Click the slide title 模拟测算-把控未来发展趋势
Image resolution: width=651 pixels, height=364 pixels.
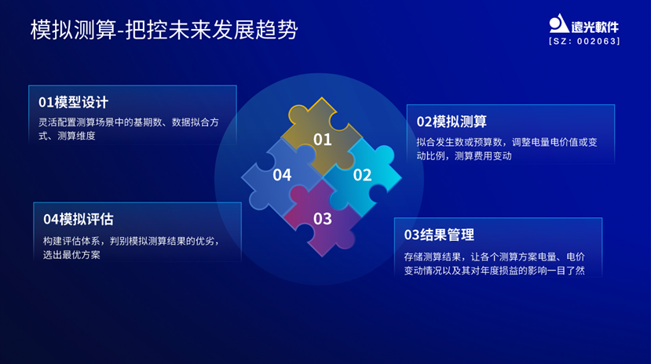point(164,31)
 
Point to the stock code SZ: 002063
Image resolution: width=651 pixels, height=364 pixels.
point(584,42)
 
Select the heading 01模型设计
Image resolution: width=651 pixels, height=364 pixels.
point(73,103)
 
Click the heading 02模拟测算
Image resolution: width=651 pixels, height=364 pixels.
point(452,122)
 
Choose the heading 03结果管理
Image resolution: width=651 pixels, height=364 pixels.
point(439,235)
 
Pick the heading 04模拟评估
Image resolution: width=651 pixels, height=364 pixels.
point(78,220)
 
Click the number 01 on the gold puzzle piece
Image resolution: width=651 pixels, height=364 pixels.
point(323,140)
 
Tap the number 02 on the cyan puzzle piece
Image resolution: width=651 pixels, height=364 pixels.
point(362,175)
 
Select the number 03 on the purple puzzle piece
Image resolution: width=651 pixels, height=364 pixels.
point(323,219)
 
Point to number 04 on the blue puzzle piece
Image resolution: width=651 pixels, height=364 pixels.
point(282,175)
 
